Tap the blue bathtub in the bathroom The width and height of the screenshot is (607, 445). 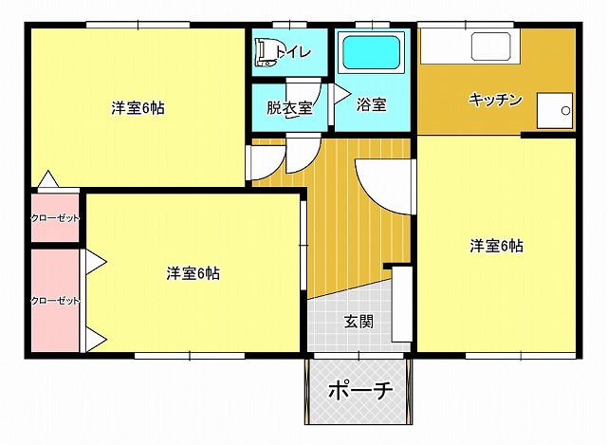tap(371, 52)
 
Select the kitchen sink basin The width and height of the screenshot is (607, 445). tap(490, 46)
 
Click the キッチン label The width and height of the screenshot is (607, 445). tap(495, 100)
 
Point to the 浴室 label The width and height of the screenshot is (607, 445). tap(371, 103)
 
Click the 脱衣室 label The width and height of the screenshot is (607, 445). tap(289, 107)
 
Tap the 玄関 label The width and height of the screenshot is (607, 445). tap(359, 321)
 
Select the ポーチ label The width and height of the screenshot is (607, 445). tap(360, 391)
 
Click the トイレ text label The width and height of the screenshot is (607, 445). tap(293, 52)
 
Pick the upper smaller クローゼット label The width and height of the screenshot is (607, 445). tap(55, 218)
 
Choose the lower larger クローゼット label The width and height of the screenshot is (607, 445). tap(55, 301)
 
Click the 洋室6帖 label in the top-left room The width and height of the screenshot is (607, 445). tap(138, 107)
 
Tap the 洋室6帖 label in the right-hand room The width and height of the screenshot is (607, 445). tap(497, 246)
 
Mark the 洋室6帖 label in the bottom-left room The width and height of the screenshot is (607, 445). tap(193, 273)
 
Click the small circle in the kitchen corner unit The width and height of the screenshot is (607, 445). tap(565, 111)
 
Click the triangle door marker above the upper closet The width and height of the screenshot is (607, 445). tap(48, 179)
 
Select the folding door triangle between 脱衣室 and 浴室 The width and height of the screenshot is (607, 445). tap(341, 94)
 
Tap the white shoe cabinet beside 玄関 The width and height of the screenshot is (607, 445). tap(402, 304)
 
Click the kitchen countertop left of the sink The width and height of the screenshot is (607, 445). tap(446, 46)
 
